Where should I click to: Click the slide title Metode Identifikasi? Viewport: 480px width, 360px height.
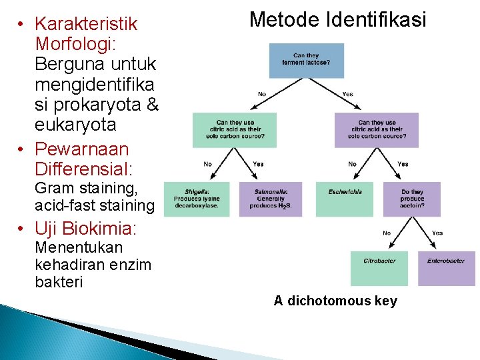click(x=337, y=19)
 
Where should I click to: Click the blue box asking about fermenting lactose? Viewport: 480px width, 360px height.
click(x=307, y=60)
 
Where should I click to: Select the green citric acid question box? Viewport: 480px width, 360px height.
click(x=234, y=130)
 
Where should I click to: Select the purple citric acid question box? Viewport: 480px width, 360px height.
click(x=377, y=130)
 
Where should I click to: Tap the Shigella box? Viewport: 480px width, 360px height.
click(x=197, y=199)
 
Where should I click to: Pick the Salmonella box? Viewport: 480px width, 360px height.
click(x=270, y=199)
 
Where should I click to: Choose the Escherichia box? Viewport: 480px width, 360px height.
click(x=345, y=199)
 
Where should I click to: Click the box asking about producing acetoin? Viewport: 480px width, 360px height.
click(x=412, y=199)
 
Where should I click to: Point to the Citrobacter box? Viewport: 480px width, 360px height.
click(x=379, y=268)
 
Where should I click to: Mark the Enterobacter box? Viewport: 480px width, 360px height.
click(x=446, y=268)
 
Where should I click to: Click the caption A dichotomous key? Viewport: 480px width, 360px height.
click(x=335, y=301)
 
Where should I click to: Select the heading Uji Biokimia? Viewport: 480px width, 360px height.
click(x=85, y=229)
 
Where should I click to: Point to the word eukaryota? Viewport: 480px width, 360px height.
click(x=75, y=125)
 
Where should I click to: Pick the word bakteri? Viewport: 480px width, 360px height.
click(x=59, y=282)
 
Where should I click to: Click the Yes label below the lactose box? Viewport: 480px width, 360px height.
click(x=347, y=95)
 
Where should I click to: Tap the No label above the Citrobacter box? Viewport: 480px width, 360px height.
click(x=386, y=233)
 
